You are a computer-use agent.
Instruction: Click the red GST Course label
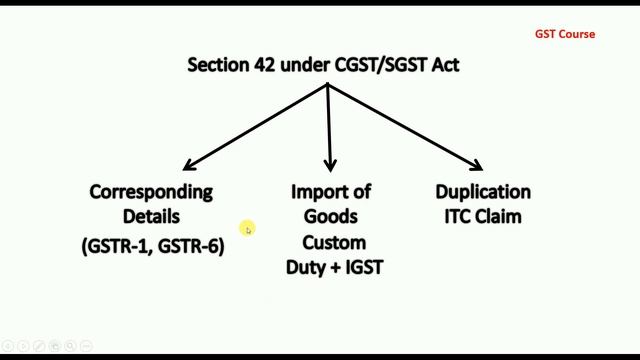point(564,34)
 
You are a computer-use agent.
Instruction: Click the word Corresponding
point(152,191)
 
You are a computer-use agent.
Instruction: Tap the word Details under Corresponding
point(152,215)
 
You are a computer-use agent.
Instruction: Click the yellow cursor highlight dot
point(247,230)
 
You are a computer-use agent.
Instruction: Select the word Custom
point(334,242)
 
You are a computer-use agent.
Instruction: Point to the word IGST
point(362,267)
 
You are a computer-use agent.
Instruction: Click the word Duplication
point(483,191)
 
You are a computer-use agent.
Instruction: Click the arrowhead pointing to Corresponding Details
point(187,166)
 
